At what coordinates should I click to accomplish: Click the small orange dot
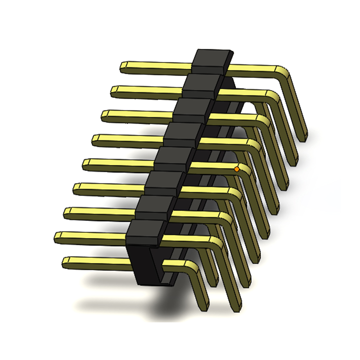tap(237, 169)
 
